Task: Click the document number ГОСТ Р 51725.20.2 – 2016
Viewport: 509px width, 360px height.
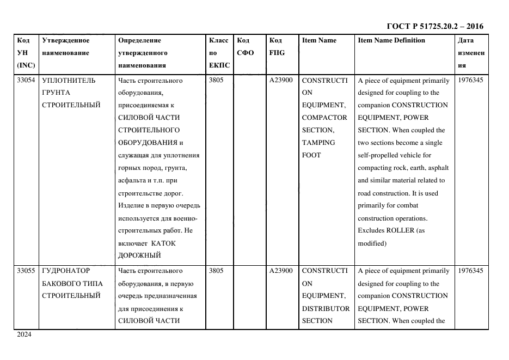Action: tap(434, 26)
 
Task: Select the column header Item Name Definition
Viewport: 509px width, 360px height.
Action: tap(391, 40)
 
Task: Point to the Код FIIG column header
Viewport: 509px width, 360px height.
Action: tap(277, 46)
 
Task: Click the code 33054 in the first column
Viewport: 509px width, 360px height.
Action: tap(26, 81)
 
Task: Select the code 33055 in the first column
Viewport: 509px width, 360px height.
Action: tap(26, 271)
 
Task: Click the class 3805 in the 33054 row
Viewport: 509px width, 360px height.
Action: tap(216, 81)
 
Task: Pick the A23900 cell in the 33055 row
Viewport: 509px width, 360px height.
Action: tap(281, 271)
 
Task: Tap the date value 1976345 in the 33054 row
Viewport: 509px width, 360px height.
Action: tap(470, 81)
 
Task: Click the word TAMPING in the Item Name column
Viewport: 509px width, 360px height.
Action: tap(318, 143)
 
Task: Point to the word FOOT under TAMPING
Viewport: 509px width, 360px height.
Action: tap(311, 155)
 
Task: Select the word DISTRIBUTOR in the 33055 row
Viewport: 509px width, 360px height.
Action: tap(326, 308)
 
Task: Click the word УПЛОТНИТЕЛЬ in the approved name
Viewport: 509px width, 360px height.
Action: tap(68, 81)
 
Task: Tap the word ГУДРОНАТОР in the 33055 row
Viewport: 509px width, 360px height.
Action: tap(66, 271)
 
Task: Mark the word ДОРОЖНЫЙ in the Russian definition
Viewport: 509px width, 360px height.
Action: tap(139, 255)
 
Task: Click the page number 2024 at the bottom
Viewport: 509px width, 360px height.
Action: tap(24, 334)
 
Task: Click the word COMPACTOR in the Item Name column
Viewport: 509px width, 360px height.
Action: tap(324, 118)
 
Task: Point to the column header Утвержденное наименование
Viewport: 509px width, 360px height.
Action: tap(66, 46)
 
